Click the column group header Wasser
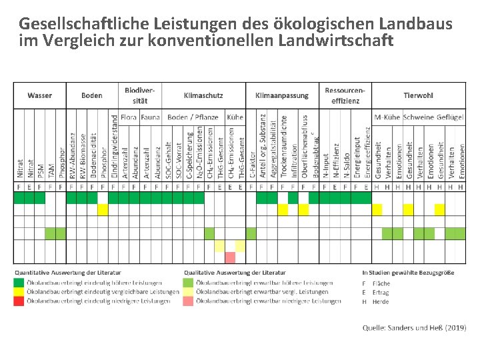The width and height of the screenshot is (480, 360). (x=39, y=95)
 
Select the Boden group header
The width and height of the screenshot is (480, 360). (x=91, y=95)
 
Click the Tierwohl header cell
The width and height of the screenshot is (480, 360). (x=418, y=95)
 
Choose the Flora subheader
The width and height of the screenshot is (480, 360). (x=129, y=117)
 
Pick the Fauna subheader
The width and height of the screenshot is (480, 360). (x=150, y=117)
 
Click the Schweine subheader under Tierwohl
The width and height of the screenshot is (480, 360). (x=419, y=117)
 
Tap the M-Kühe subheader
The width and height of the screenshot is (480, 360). (x=387, y=117)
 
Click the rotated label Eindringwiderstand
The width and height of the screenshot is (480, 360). (x=113, y=147)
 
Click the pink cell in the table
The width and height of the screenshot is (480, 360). (x=230, y=257)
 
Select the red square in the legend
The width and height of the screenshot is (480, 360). (x=19, y=301)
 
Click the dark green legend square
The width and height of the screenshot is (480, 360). (x=19, y=282)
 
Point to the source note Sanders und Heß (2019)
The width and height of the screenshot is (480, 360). (x=414, y=327)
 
